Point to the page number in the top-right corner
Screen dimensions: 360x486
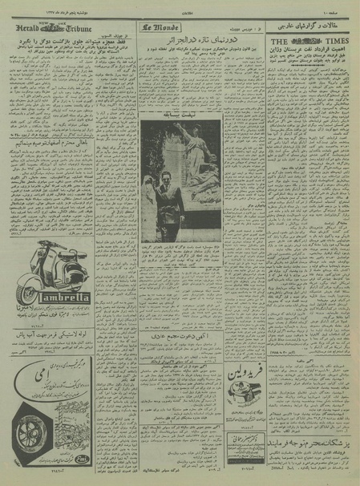click(x=342, y=8)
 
